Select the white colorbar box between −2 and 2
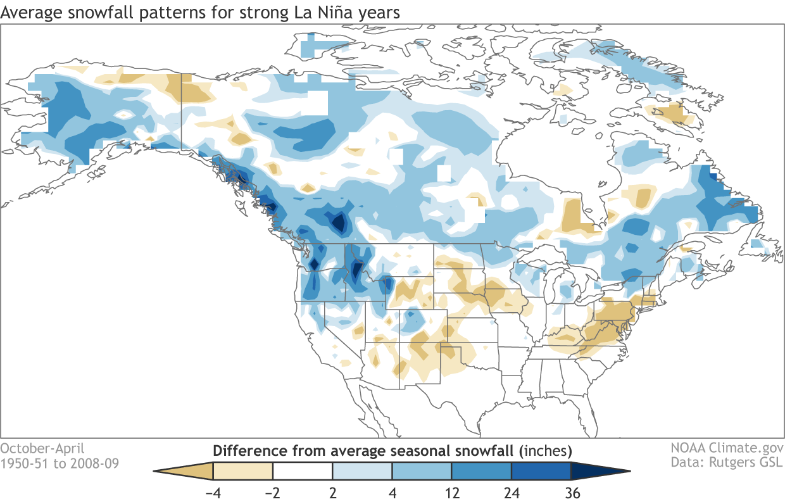click(303, 471)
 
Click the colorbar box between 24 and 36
click(541, 471)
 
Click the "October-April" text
click(42, 449)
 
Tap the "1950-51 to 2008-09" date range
click(59, 463)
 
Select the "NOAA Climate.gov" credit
click(726, 449)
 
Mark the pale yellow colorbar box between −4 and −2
click(243, 471)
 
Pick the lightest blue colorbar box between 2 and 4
click(362, 471)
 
